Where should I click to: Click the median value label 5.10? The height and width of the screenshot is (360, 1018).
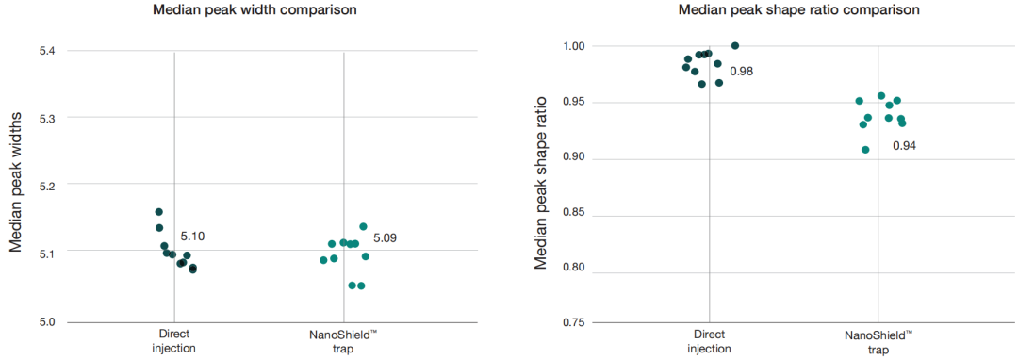pos(192,237)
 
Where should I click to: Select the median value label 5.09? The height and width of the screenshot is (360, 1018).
pos(385,238)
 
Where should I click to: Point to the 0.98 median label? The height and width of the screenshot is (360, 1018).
pos(742,71)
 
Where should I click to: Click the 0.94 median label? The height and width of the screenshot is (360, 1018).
pos(904,146)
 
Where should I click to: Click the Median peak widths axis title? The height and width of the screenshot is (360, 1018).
pos(17,182)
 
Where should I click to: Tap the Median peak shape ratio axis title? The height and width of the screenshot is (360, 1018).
pos(541,183)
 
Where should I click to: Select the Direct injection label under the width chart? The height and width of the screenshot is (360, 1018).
pos(174,340)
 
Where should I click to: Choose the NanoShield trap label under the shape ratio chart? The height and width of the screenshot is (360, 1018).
pos(878,343)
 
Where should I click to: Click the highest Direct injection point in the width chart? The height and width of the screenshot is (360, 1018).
pos(159,212)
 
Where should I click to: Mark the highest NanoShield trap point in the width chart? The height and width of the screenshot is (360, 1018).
pos(364,226)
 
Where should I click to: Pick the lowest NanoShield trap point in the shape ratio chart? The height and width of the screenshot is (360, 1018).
pos(865,150)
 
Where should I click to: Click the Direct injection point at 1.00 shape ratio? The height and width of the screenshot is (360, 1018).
pos(735,46)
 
